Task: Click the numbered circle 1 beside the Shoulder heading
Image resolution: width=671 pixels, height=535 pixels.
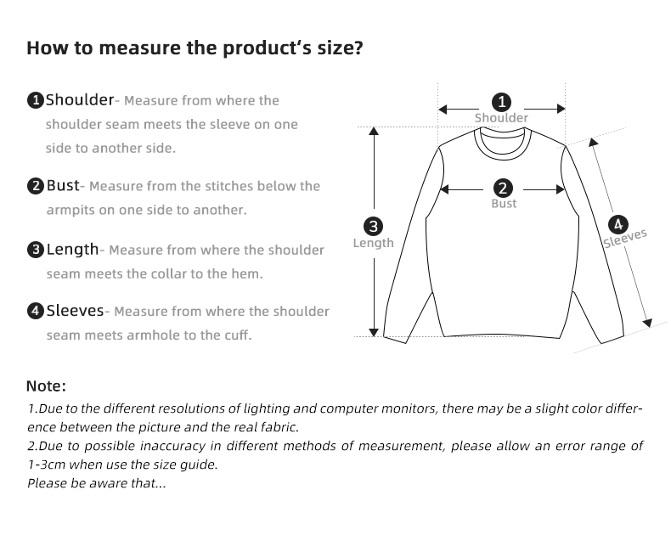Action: pyautogui.click(x=36, y=101)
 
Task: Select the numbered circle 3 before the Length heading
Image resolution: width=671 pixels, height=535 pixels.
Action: pyautogui.click(x=36, y=250)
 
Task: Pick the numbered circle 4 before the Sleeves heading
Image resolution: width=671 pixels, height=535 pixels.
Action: pyautogui.click(x=36, y=312)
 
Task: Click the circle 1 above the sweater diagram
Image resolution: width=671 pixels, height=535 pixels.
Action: pyautogui.click(x=503, y=102)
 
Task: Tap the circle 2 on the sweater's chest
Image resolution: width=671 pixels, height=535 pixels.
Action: pyautogui.click(x=503, y=189)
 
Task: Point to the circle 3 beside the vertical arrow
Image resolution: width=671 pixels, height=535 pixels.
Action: pyautogui.click(x=373, y=227)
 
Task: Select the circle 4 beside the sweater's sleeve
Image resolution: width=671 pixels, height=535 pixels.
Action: pyautogui.click(x=618, y=224)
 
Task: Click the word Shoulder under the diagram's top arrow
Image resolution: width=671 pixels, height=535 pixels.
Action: pyautogui.click(x=501, y=118)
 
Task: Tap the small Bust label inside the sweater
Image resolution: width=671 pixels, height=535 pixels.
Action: pyautogui.click(x=504, y=204)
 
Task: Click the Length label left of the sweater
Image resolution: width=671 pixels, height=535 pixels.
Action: pyautogui.click(x=373, y=243)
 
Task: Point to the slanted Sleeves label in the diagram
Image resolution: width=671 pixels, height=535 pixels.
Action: pyautogui.click(x=625, y=237)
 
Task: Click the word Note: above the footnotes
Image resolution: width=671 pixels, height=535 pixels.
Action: pyautogui.click(x=46, y=386)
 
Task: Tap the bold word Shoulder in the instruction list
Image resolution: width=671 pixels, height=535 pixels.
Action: pyautogui.click(x=80, y=100)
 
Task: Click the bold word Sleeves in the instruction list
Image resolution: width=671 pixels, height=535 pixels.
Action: pyautogui.click(x=75, y=311)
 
